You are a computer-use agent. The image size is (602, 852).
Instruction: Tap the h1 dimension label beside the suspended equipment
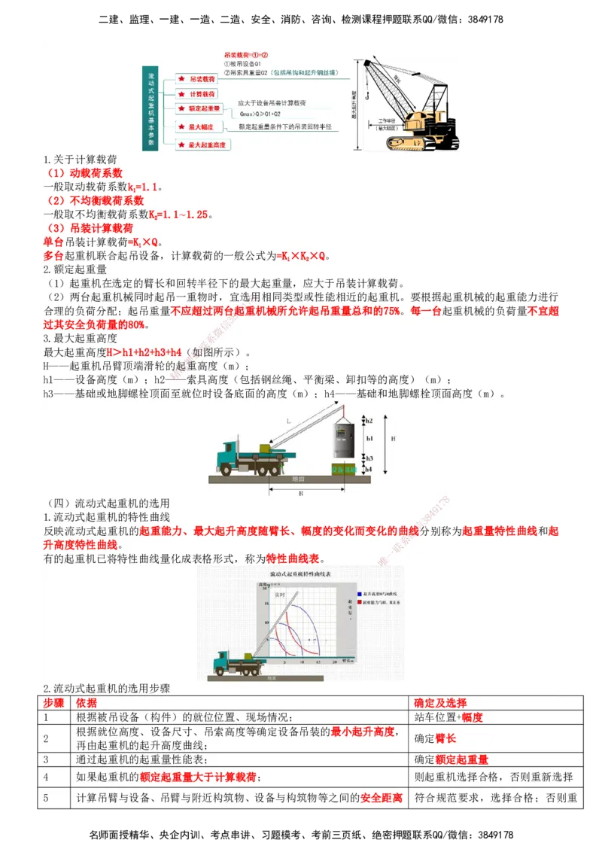pyautogui.click(x=369, y=437)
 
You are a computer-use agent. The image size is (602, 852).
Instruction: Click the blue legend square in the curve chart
pyautogui.click(x=360, y=594)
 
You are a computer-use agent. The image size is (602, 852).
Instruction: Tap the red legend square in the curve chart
pyautogui.click(x=360, y=603)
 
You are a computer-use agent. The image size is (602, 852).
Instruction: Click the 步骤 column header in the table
pyautogui.click(x=54, y=702)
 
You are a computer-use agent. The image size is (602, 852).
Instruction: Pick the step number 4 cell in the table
pyautogui.click(x=47, y=777)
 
